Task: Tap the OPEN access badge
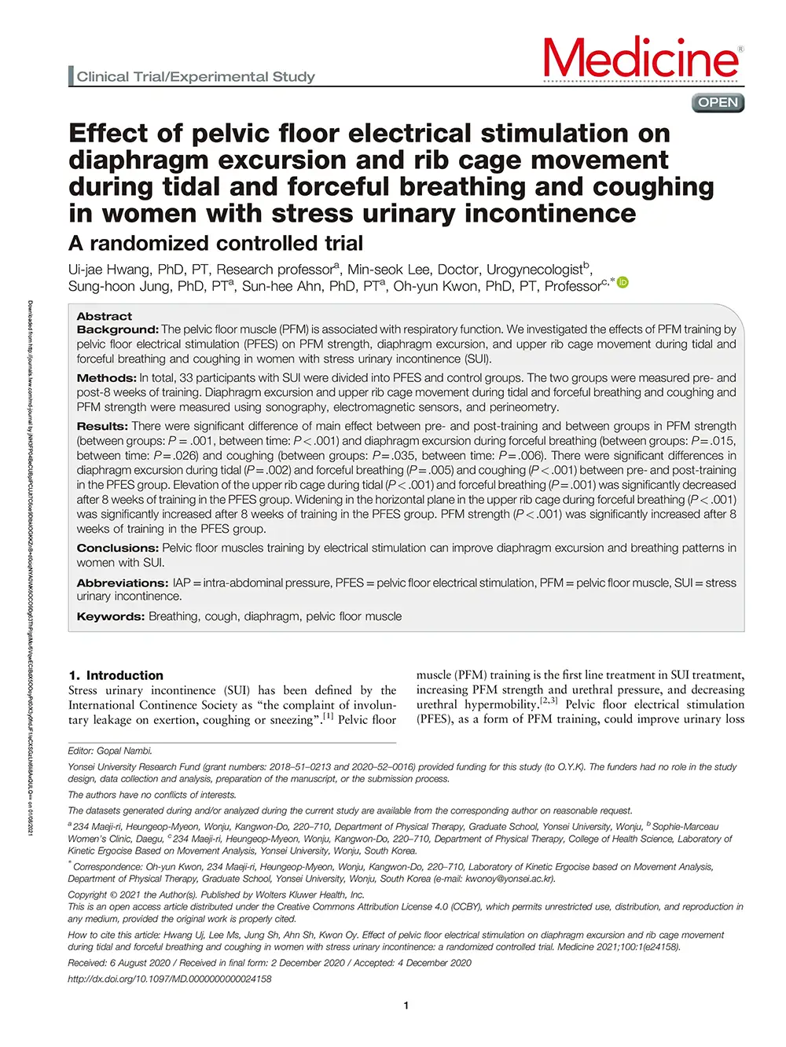pos(718,103)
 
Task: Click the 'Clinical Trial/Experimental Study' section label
pos(196,77)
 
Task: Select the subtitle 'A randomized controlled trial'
pos(215,244)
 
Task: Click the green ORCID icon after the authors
pos(623,283)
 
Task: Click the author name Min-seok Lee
pos(389,270)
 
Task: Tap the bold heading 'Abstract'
pos(105,316)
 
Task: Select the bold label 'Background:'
pos(117,330)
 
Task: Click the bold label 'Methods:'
pos(106,378)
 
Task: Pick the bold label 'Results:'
pos(102,426)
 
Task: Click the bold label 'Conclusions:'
pos(117,548)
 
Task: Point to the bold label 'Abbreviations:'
pos(122,583)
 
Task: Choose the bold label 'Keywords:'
pos(110,617)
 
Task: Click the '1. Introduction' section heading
pos(116,675)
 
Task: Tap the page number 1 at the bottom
pos(406,1005)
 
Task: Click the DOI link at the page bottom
pos(170,979)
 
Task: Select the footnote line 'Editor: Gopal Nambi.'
pos(110,751)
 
